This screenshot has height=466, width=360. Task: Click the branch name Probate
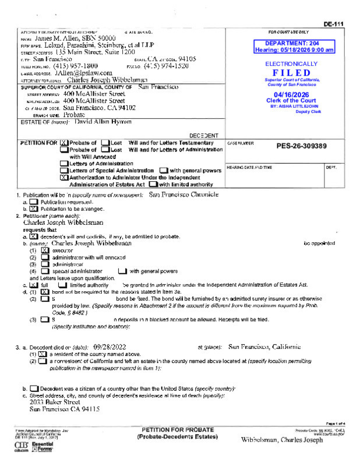(73, 115)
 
